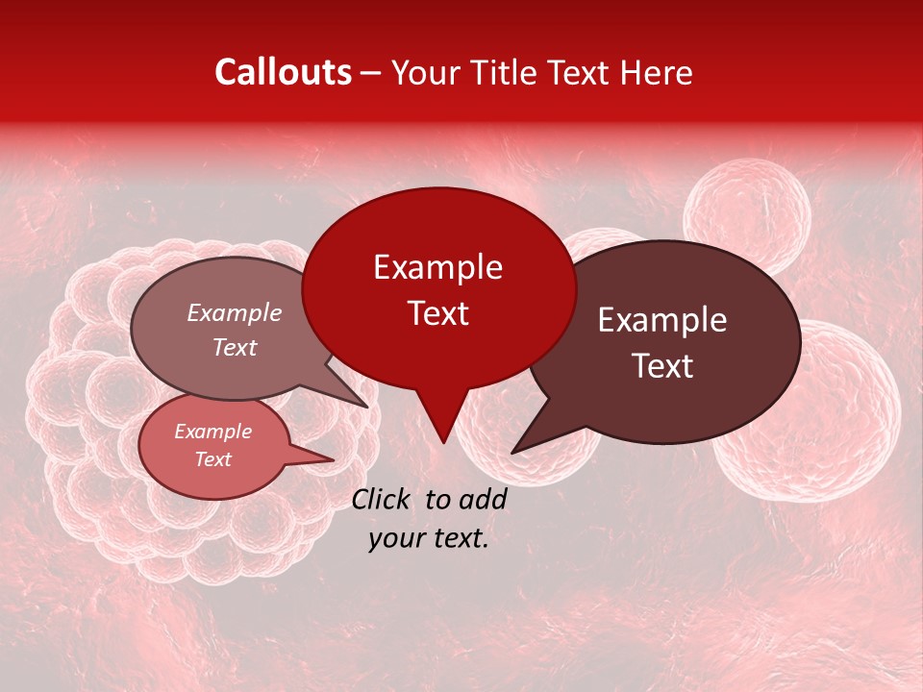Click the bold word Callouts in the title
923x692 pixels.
click(x=283, y=72)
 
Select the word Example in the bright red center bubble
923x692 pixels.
click(x=437, y=267)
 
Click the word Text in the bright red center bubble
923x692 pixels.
click(x=437, y=313)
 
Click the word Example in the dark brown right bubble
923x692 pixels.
click(x=662, y=320)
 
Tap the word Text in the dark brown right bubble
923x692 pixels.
click(x=662, y=366)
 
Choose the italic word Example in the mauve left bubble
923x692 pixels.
click(x=234, y=313)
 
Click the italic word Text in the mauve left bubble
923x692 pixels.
click(x=234, y=347)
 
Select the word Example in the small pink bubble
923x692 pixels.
click(x=212, y=432)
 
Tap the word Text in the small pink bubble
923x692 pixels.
click(x=212, y=459)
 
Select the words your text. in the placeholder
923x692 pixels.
click(x=429, y=539)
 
